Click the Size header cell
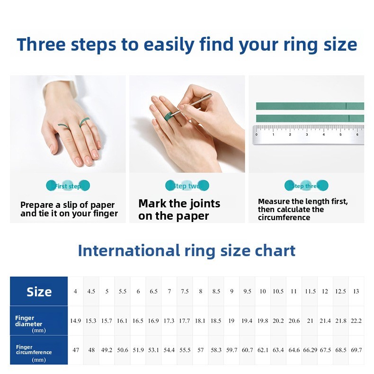(x=39, y=292)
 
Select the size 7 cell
(x=169, y=292)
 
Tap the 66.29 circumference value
(x=310, y=350)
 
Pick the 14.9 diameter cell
(x=75, y=321)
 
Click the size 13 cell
(x=356, y=292)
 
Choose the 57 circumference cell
(x=200, y=350)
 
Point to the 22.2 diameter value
(x=356, y=321)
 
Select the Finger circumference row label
(x=33, y=350)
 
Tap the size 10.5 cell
(x=278, y=292)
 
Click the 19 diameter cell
(x=232, y=321)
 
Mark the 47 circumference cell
(x=76, y=350)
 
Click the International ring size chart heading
(x=187, y=250)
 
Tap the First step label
(x=68, y=186)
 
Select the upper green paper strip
(x=310, y=106)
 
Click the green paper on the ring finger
(x=85, y=122)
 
